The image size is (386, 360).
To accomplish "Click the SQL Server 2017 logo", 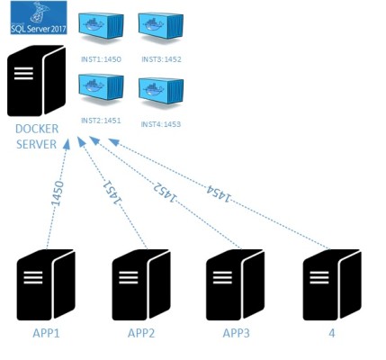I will pyautogui.click(x=37, y=17).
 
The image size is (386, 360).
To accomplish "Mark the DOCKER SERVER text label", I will pyautogui.click(x=39, y=138).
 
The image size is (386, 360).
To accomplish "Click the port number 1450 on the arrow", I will pyautogui.click(x=58, y=201).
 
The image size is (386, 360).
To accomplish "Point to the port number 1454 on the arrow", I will pyautogui.click(x=217, y=191).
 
